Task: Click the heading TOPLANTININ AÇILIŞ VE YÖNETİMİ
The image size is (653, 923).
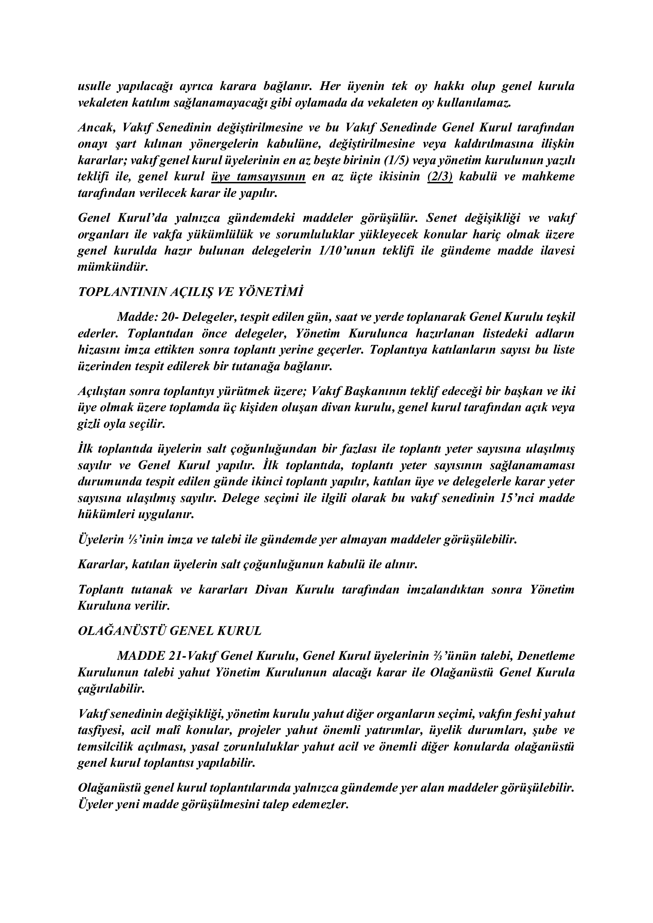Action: (190, 292)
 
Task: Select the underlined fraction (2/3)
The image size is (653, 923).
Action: (440, 177)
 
